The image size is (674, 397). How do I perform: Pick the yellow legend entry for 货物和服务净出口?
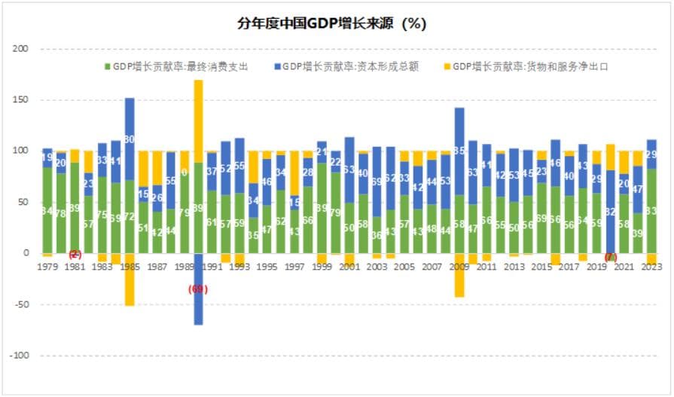click(x=527, y=66)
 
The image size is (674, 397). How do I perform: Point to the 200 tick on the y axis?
click(x=20, y=49)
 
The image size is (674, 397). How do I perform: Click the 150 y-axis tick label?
click(x=20, y=100)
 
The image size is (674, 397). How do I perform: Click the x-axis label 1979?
click(x=47, y=267)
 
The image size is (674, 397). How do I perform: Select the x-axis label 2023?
click(x=651, y=267)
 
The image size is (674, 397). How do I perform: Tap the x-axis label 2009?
click(x=459, y=267)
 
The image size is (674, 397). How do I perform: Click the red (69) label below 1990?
click(x=198, y=289)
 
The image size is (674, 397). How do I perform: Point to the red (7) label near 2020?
click(x=610, y=257)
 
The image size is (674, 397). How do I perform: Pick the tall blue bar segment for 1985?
click(x=130, y=139)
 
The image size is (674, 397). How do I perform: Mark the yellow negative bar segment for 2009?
click(x=459, y=275)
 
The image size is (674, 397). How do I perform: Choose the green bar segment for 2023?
click(x=651, y=211)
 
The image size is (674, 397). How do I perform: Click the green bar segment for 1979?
click(x=47, y=210)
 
